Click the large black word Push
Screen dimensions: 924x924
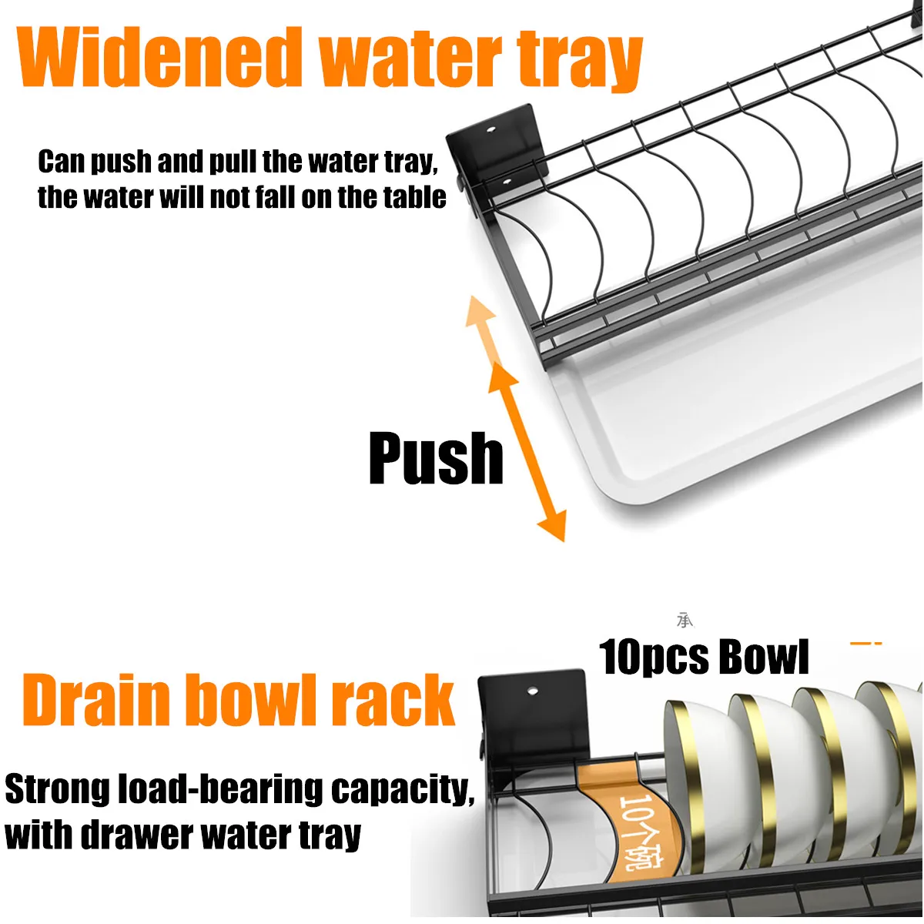tap(436, 458)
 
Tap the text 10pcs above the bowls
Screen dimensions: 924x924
tap(653, 658)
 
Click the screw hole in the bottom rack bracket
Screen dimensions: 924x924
tap(532, 691)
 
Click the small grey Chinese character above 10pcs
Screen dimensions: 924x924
tap(685, 620)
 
